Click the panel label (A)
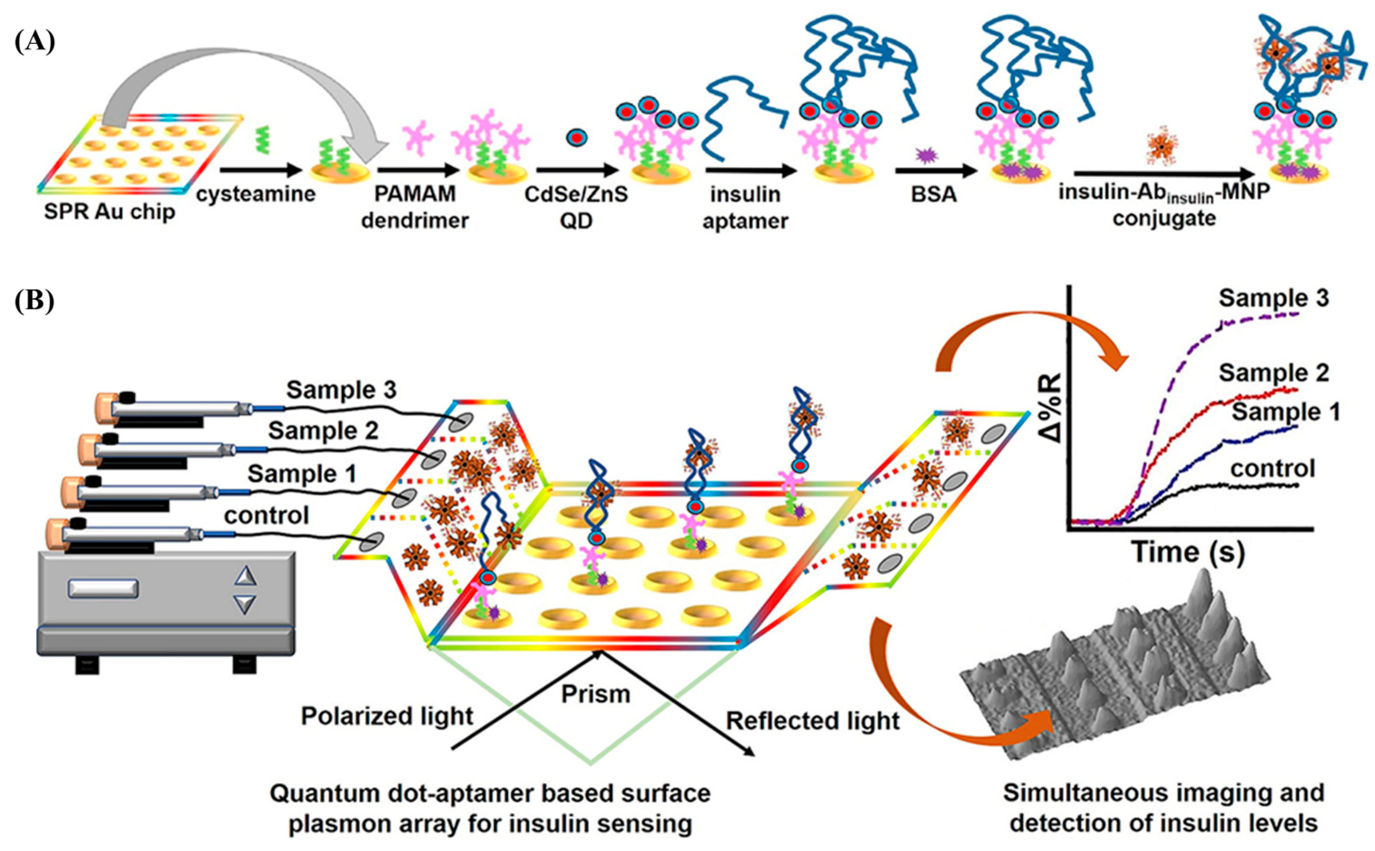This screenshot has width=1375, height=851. (34, 42)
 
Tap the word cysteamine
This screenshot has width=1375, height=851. (256, 195)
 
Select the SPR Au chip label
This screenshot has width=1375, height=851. (110, 212)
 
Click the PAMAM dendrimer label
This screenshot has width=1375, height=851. (415, 207)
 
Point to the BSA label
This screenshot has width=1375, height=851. (934, 194)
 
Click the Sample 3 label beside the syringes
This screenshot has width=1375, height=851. (341, 390)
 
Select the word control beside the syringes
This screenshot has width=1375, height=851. (267, 515)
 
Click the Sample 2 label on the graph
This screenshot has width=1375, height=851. (1273, 373)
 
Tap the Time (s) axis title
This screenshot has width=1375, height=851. (1188, 552)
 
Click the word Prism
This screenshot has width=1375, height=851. (596, 694)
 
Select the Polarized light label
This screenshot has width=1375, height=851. (387, 716)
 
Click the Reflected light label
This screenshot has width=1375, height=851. (813, 721)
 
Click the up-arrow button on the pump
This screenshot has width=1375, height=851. (245, 576)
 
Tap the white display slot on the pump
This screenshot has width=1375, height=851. (103, 589)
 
